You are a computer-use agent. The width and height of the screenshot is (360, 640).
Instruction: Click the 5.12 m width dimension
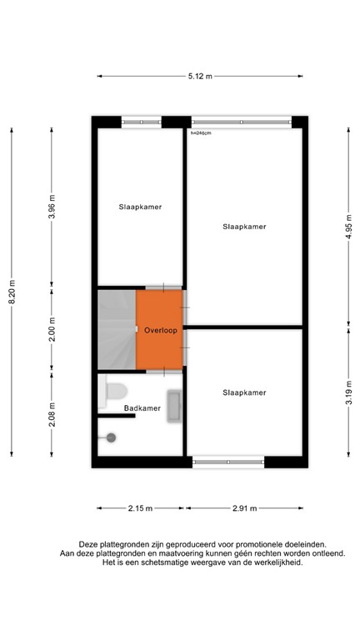click(x=200, y=77)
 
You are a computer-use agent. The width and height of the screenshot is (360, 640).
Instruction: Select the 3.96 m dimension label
click(x=52, y=205)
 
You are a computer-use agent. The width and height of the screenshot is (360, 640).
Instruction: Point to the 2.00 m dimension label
click(x=52, y=330)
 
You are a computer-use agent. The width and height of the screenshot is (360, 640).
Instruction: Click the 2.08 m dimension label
click(x=52, y=414)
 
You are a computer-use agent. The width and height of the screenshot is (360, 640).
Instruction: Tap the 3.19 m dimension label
click(x=348, y=390)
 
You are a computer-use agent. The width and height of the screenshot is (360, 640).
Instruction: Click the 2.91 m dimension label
click(x=243, y=507)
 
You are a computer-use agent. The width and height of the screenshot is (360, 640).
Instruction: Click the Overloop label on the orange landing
click(x=160, y=330)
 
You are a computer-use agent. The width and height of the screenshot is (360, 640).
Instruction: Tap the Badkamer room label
click(x=142, y=408)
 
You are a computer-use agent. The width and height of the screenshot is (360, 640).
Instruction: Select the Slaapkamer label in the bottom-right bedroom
click(x=244, y=392)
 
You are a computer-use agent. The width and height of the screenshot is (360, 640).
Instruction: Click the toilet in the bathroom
click(x=115, y=389)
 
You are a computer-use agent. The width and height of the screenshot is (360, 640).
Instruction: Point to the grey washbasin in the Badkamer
click(x=174, y=407)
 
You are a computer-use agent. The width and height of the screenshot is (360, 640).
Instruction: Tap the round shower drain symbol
click(x=111, y=437)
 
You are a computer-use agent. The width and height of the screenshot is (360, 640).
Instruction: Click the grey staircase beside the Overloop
click(x=117, y=329)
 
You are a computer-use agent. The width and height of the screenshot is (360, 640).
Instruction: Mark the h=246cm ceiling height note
click(x=201, y=132)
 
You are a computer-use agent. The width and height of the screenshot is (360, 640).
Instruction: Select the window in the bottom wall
click(x=228, y=461)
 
